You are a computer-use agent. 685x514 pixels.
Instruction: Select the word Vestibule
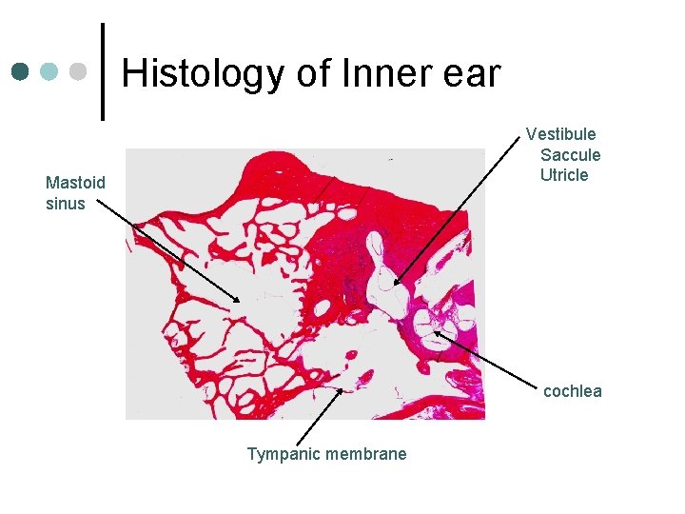[561, 134]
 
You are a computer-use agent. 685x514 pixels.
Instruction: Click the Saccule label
[571, 154]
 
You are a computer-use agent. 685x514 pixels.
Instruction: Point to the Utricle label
[564, 174]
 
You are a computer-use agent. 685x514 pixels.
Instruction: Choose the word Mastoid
[75, 183]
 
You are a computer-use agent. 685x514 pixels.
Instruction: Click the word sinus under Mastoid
[65, 203]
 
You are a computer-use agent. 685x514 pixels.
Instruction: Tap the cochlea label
[573, 391]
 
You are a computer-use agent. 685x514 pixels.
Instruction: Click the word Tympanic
[283, 454]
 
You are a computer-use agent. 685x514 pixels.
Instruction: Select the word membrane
[365, 454]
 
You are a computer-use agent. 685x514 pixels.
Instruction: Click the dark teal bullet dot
[21, 71]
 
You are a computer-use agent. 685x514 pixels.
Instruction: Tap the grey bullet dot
[79, 71]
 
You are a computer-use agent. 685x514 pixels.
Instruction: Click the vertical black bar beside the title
[103, 71]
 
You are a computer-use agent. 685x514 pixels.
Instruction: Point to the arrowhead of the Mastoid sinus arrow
[240, 302]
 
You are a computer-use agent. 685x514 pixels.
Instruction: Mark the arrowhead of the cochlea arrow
[434, 330]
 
